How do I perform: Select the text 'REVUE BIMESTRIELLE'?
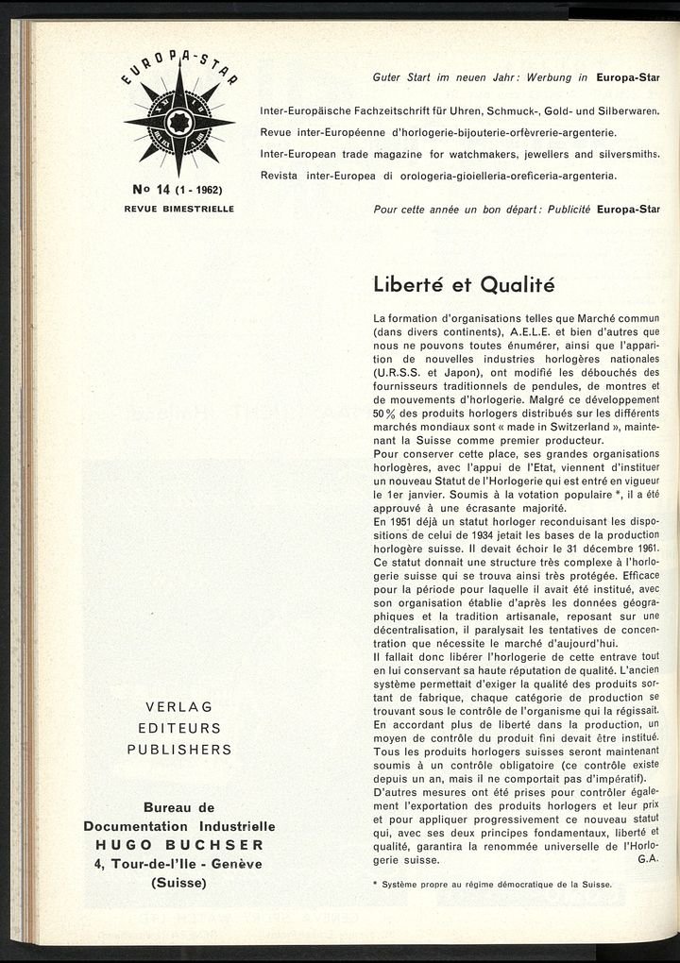(178, 207)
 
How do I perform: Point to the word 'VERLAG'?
(178, 707)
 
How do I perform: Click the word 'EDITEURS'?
(178, 728)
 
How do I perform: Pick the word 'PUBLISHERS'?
(178, 750)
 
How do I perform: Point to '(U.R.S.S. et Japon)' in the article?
(426, 373)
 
